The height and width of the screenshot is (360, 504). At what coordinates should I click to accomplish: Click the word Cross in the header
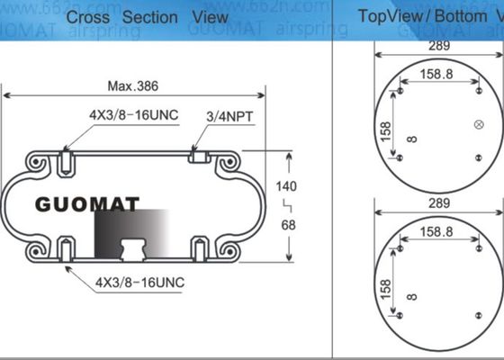pos(90,16)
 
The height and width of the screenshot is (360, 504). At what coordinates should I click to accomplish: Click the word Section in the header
pos(149,16)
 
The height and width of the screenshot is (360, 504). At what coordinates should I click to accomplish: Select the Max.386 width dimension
pos(133,87)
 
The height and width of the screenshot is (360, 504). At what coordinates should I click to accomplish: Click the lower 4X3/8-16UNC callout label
pos(139,282)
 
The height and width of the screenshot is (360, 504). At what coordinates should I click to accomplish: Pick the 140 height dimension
pos(287,186)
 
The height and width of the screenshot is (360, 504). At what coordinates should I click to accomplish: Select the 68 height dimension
pos(288,225)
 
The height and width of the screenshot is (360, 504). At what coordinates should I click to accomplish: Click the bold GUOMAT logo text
pos(87,204)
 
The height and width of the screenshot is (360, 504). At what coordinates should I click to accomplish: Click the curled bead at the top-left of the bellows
pos(39,163)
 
